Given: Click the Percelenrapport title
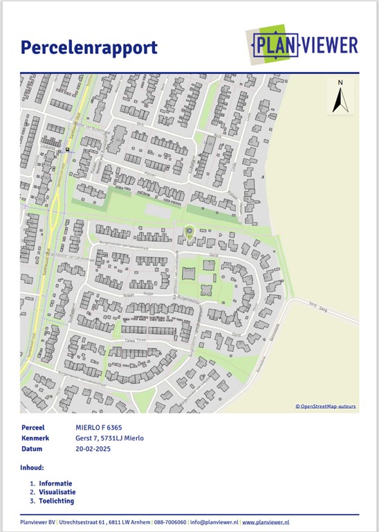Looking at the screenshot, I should (x=89, y=48).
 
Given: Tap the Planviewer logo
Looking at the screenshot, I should (x=304, y=46).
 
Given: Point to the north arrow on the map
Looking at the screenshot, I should (x=340, y=102).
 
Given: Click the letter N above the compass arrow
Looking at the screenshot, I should (x=340, y=83).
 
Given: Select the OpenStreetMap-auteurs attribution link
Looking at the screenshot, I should (x=326, y=407).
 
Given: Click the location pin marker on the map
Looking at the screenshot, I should (x=189, y=231).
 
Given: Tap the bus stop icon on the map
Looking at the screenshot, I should (x=68, y=150).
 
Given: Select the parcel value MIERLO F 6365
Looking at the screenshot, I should (x=99, y=428).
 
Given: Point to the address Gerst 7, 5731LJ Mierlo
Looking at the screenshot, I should (x=109, y=438).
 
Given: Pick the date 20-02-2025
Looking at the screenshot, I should (x=93, y=449).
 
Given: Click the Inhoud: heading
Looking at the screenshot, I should (x=33, y=468).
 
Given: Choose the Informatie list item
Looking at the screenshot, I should (x=56, y=483).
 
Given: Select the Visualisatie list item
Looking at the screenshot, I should (x=57, y=492).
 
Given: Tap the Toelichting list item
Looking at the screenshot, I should (x=56, y=501).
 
